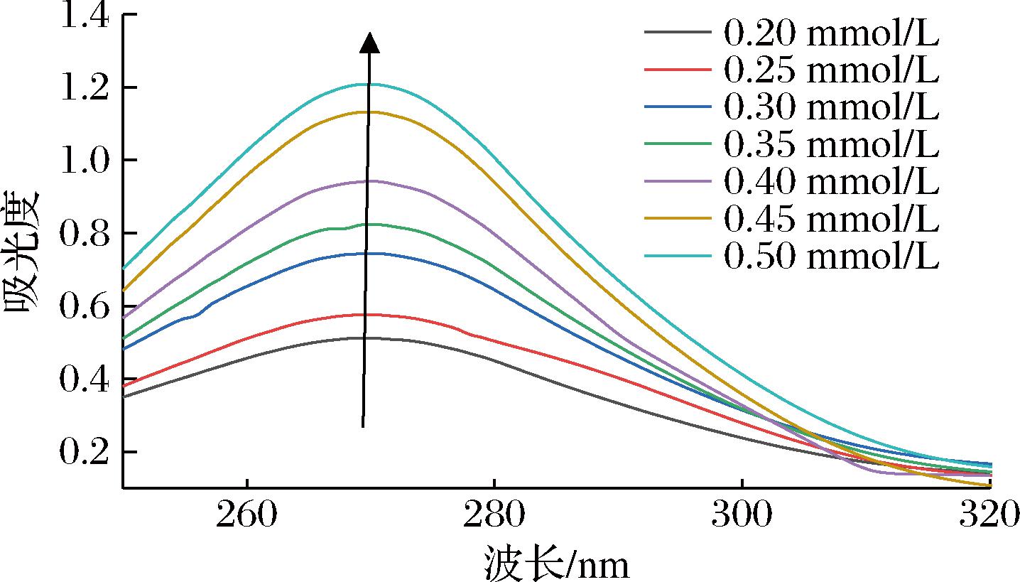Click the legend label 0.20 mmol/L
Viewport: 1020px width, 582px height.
pos(831,32)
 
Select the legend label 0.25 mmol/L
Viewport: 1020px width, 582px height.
pos(831,70)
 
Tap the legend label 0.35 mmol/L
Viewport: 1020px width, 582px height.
pos(831,144)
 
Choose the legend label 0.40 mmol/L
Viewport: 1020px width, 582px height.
pos(831,182)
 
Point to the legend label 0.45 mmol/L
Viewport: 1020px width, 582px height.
pos(831,220)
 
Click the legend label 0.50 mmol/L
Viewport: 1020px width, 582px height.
pos(831,257)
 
